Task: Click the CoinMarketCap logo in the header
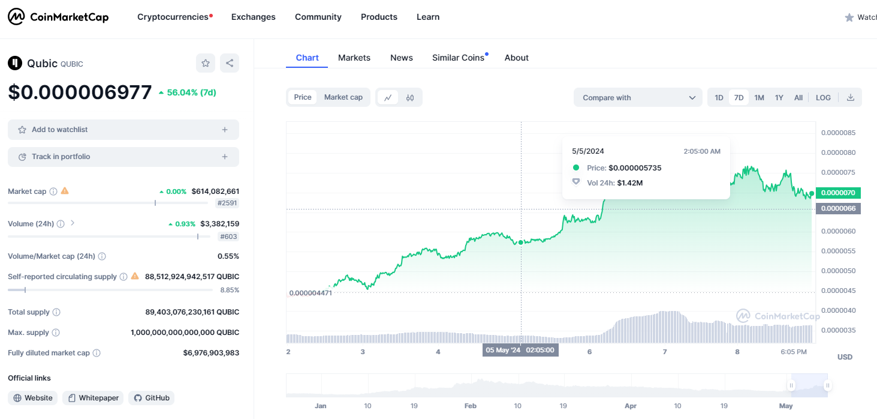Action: click(58, 17)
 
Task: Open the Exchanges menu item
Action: click(253, 17)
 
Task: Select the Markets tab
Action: click(354, 58)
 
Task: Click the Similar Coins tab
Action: click(458, 58)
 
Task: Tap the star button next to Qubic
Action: click(206, 63)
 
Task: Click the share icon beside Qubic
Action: click(229, 63)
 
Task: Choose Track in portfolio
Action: click(123, 157)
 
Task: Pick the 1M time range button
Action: click(759, 97)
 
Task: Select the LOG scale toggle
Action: click(823, 97)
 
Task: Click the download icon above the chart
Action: click(850, 97)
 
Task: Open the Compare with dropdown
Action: click(638, 97)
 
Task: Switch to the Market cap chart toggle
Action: click(343, 97)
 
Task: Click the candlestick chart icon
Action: click(410, 97)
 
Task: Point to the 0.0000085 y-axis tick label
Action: click(838, 133)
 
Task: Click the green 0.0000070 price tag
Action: click(838, 193)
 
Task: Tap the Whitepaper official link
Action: click(94, 398)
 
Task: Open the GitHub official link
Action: click(152, 398)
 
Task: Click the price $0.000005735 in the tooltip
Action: click(635, 168)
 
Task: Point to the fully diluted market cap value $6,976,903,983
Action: click(211, 353)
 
